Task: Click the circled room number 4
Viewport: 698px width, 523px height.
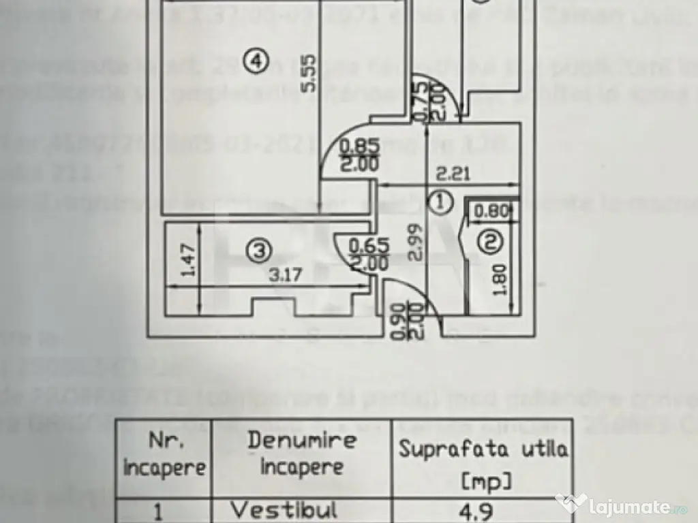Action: tap(255, 63)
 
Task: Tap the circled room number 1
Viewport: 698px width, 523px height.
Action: tap(442, 201)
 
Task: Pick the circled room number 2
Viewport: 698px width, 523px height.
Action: tap(490, 241)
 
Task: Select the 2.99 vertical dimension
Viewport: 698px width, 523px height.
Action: tap(417, 244)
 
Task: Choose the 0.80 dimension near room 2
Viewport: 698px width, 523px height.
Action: tap(491, 211)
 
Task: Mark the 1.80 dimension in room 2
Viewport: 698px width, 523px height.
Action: tap(501, 279)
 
